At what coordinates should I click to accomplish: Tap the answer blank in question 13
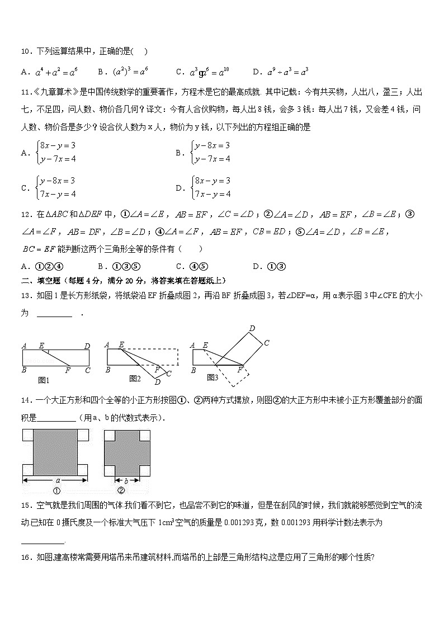pos(54,314)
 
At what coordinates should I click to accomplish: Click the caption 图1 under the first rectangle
pos(44,380)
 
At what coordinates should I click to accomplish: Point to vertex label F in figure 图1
pos(68,370)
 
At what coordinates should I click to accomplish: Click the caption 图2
pos(135,379)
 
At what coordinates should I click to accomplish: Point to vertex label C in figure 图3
pos(267,343)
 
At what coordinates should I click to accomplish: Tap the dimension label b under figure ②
pos(127,480)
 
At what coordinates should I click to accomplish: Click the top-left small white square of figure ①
pos(27,435)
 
